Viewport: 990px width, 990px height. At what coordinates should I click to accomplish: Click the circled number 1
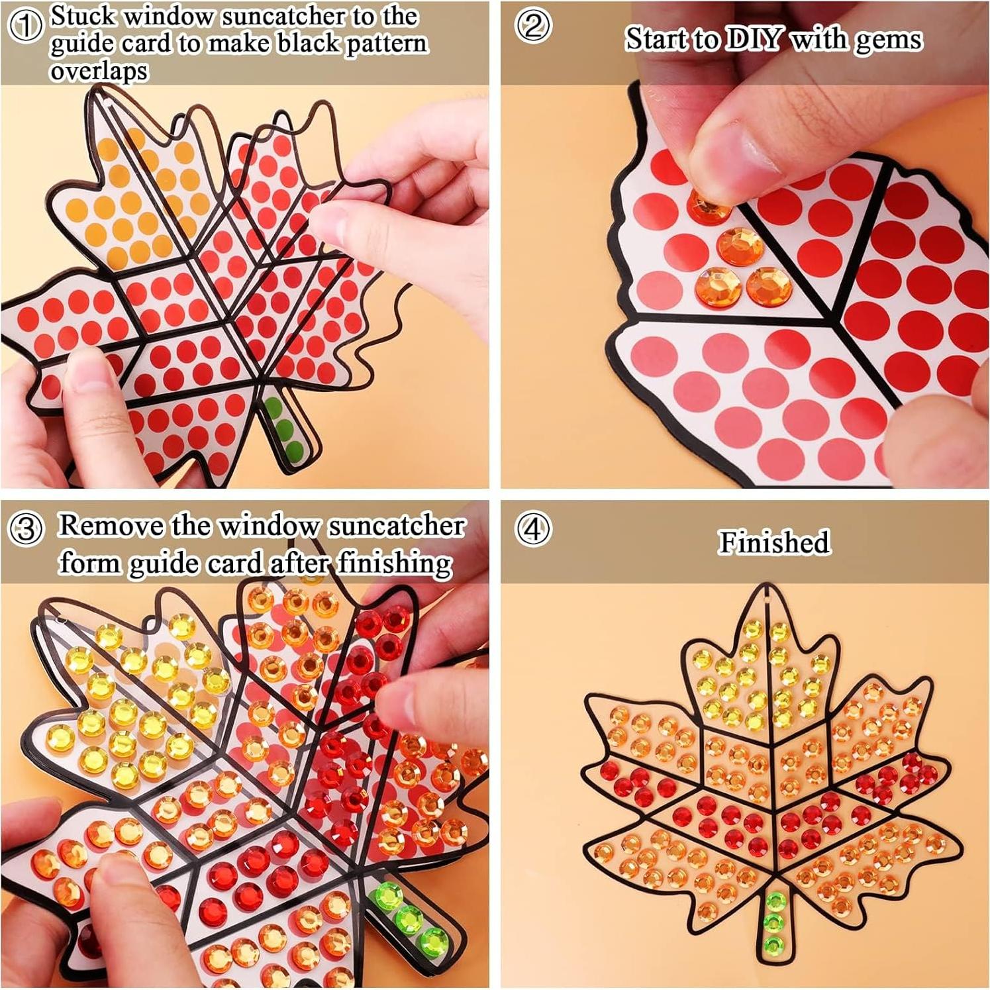(x=26, y=26)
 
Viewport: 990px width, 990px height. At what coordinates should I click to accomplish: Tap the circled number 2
(x=533, y=26)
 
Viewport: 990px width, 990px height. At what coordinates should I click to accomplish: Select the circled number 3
(x=26, y=529)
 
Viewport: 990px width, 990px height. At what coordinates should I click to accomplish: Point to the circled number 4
(x=533, y=529)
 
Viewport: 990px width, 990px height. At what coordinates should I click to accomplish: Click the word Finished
(x=773, y=542)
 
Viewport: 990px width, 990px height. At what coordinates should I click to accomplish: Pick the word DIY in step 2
(x=755, y=39)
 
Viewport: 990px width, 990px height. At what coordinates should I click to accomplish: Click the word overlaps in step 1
(x=99, y=71)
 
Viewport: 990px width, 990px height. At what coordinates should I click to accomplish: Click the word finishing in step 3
(x=395, y=564)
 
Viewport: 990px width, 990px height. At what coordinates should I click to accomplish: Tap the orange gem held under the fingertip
(x=707, y=205)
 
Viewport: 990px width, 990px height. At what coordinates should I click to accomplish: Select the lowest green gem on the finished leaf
(x=773, y=944)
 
